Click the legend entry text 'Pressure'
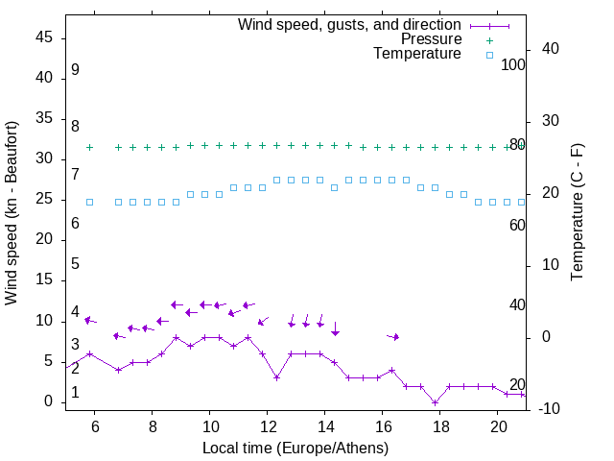[431, 39]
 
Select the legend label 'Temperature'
[417, 54]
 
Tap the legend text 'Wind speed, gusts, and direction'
[350, 24]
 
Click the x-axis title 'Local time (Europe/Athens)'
[295, 448]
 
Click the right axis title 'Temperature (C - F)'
[577, 211]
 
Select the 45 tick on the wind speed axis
[44, 37]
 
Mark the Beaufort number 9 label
[75, 70]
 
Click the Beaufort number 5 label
[75, 264]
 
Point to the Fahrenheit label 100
[513, 64]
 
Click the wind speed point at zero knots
[436, 402]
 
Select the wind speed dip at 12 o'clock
[276, 377]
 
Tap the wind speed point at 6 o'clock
[90, 353]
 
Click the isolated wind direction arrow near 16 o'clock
[392, 336]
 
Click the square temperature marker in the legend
[489, 55]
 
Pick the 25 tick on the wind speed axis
[44, 199]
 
